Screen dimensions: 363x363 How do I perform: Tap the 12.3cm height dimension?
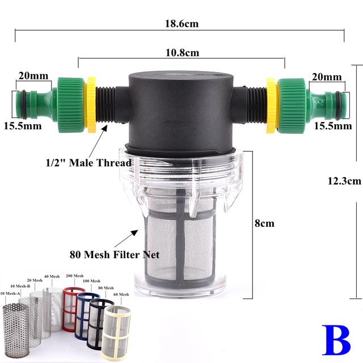(344, 181)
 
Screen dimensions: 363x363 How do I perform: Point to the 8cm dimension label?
(264, 223)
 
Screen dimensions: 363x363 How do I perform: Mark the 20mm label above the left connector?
(29, 76)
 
